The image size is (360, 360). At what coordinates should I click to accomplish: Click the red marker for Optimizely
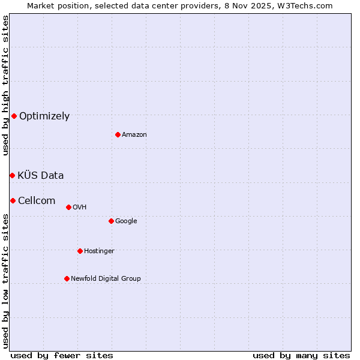coord(14,116)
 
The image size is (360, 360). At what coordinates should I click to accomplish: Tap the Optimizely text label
coord(44,116)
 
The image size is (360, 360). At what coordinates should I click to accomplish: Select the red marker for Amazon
coord(118,134)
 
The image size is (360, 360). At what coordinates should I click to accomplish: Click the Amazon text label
coord(134,135)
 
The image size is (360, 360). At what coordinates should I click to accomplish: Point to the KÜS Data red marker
coord(12,175)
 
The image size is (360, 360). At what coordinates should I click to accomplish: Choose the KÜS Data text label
coord(41,176)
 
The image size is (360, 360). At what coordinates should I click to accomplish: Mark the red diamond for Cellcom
coord(13,200)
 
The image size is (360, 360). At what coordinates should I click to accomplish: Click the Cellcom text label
coord(37,201)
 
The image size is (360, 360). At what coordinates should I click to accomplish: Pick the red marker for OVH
coord(68,207)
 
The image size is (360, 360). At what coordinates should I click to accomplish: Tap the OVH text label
coord(80,208)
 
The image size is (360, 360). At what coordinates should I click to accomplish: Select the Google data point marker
coord(111,221)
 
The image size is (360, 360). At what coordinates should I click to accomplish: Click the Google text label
coord(126,221)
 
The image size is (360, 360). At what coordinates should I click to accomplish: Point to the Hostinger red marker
coord(80,251)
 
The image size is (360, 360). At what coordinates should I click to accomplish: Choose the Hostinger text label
coord(99,251)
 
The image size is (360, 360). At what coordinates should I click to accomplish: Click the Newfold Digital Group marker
coord(67,278)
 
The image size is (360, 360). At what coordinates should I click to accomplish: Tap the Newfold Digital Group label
coord(106,279)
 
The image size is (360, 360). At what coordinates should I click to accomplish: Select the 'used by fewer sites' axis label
coord(62,356)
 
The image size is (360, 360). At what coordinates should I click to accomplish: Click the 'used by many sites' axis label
coord(301,356)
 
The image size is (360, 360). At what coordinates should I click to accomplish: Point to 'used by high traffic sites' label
coord(5,85)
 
